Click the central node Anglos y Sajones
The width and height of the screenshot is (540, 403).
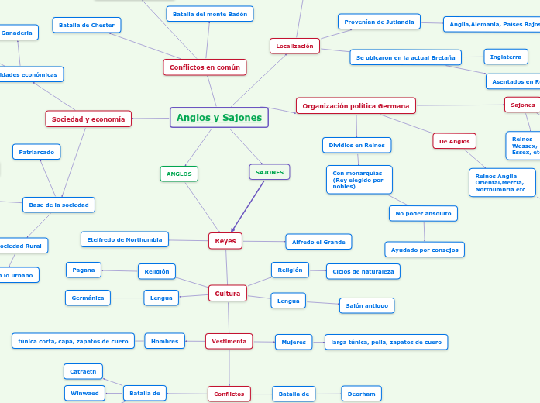(x=219, y=118)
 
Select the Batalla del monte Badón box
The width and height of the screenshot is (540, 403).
(x=209, y=14)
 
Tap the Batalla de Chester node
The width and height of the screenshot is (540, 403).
(x=87, y=26)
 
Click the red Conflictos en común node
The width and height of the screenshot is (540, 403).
(x=205, y=67)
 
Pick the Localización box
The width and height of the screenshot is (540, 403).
(x=294, y=46)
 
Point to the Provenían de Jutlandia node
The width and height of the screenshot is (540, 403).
(x=379, y=22)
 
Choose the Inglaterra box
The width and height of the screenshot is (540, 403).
(x=506, y=57)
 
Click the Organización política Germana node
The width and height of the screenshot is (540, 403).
(x=356, y=105)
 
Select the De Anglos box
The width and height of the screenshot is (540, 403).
(x=454, y=141)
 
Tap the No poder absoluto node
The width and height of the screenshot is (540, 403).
(x=423, y=213)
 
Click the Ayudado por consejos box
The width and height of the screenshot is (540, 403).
(x=425, y=249)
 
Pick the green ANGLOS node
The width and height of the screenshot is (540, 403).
(x=179, y=174)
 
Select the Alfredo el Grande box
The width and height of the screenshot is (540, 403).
(x=318, y=242)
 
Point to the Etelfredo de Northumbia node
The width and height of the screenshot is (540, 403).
(x=124, y=239)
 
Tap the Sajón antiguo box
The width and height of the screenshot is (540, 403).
(x=366, y=305)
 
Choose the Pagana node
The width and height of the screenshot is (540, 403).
(x=84, y=270)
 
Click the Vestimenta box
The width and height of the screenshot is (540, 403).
(x=229, y=340)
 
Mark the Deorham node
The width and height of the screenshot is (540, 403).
(x=361, y=394)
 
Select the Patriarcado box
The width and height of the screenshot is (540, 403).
(x=36, y=152)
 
